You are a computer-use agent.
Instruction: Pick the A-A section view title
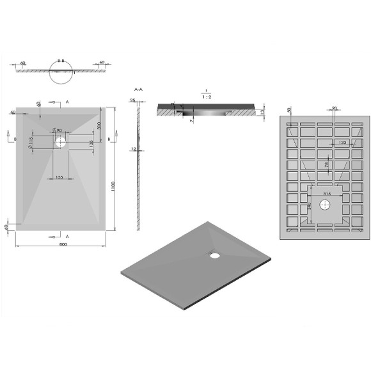pos(138,90)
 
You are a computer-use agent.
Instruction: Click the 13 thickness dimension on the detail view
pos(264,112)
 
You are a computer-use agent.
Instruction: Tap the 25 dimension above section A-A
pos(132,100)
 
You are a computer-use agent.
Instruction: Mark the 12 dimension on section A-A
pos(132,149)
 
